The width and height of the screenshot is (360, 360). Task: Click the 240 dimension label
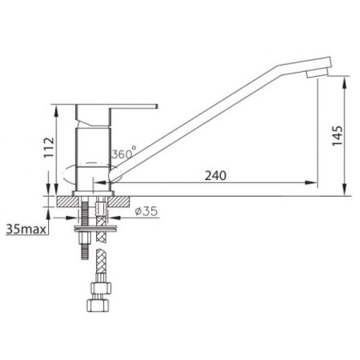[x=215, y=175]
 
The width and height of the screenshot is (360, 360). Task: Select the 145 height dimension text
[x=337, y=136]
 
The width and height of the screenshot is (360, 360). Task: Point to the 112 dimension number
[x=49, y=147]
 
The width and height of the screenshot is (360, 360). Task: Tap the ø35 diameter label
[x=146, y=211]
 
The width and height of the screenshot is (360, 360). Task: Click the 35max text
[x=26, y=229]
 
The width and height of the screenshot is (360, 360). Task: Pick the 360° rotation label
[x=124, y=153]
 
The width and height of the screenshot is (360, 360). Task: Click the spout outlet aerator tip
[x=317, y=73]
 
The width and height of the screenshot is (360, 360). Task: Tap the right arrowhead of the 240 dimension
[x=311, y=182]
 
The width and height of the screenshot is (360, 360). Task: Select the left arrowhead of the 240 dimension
[x=101, y=182]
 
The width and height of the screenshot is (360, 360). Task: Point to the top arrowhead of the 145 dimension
[x=345, y=82]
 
